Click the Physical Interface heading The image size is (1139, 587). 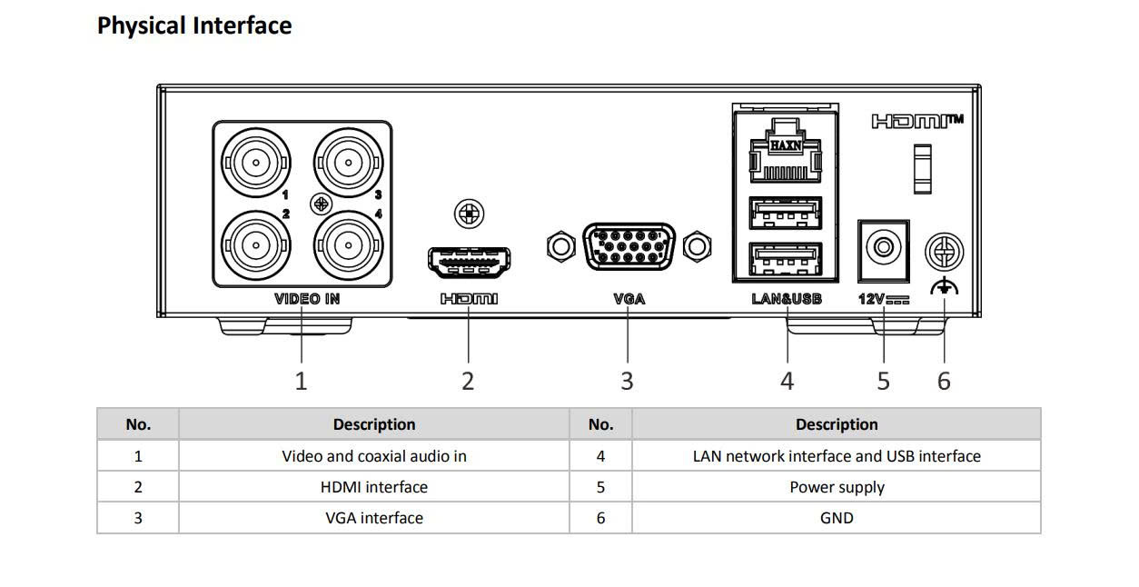coord(194,25)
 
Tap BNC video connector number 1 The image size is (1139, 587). coord(256,164)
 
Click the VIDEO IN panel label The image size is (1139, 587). coord(307,298)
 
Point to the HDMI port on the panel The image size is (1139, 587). coord(469,262)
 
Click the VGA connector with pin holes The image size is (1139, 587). coord(628,246)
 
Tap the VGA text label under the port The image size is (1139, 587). coord(629,298)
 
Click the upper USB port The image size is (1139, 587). coord(786,213)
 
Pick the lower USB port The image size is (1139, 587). coord(786,262)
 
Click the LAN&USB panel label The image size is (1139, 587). coord(787,298)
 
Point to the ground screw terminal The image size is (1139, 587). coord(944,252)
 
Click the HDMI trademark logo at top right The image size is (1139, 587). coord(917,121)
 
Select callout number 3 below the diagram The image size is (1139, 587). coord(627,381)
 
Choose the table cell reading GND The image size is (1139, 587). coord(837,518)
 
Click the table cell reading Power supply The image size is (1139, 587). coord(837,487)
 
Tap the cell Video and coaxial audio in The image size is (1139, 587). coord(373,456)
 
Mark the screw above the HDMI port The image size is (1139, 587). coord(469,214)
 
